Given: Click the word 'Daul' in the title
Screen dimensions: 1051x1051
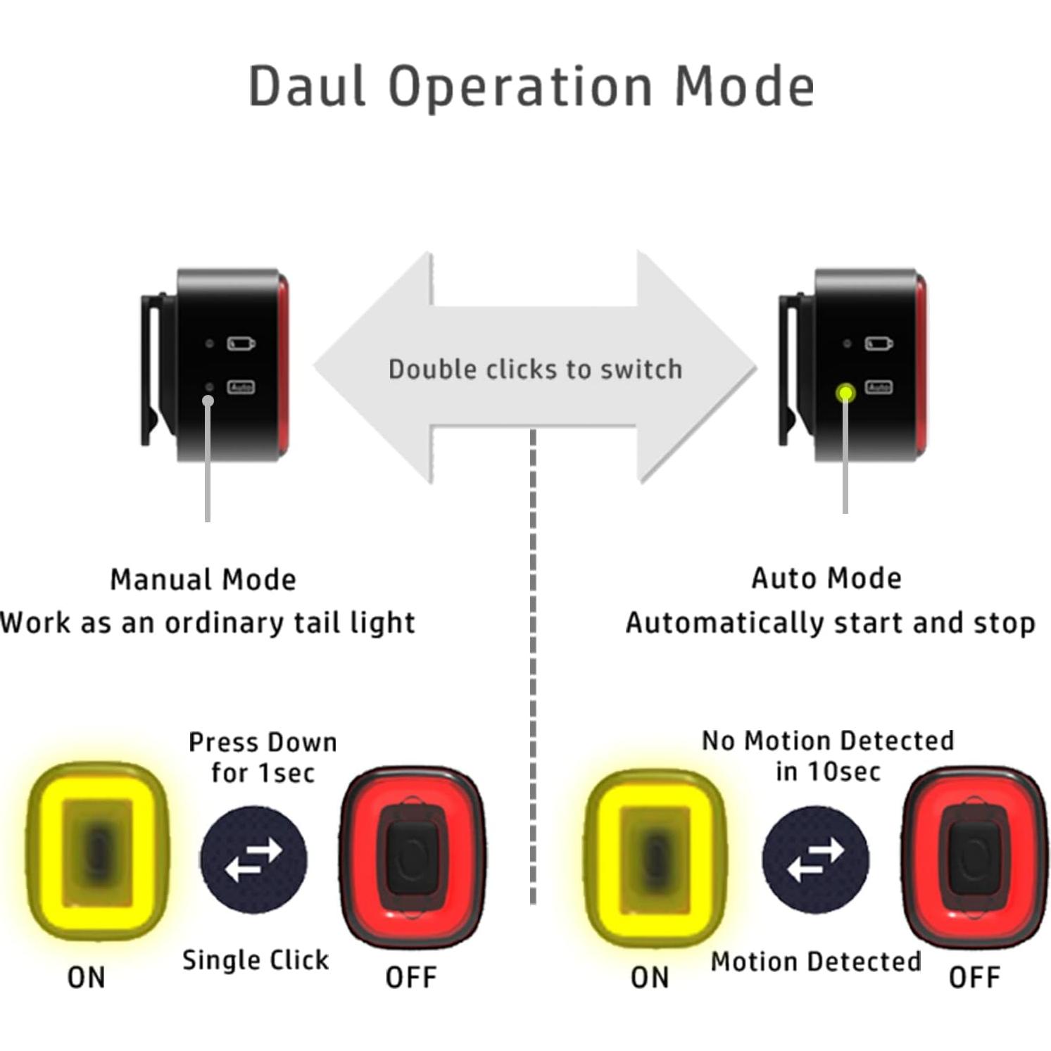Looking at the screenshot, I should [x=307, y=87].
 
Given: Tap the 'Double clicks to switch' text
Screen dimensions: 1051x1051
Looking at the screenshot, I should [x=535, y=370].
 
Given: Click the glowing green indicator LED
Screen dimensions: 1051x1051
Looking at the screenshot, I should [x=845, y=393].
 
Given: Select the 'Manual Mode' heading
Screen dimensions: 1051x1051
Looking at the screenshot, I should [x=203, y=580].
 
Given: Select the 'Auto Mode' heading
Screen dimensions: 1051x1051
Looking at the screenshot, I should [x=826, y=579].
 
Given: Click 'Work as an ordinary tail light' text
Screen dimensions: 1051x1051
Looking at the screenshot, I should [x=208, y=623].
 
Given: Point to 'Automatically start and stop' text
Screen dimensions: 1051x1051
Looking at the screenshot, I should [x=831, y=623].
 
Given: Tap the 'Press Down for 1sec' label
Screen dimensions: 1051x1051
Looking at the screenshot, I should [x=263, y=757].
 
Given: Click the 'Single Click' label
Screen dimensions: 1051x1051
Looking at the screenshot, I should [x=256, y=960].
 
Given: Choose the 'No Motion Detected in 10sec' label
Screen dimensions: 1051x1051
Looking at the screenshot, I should [x=828, y=756].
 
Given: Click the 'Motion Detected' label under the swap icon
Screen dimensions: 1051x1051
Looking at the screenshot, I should [x=816, y=962].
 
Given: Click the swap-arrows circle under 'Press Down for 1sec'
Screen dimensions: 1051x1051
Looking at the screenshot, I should [x=253, y=860].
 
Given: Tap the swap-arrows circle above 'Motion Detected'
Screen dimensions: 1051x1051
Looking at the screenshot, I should [x=815, y=860].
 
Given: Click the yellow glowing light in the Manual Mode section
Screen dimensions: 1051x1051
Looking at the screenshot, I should [x=98, y=852].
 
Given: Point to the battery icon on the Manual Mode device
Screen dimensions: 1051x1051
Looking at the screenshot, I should [x=241, y=344].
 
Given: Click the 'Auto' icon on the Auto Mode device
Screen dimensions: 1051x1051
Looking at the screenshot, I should [x=879, y=387].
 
